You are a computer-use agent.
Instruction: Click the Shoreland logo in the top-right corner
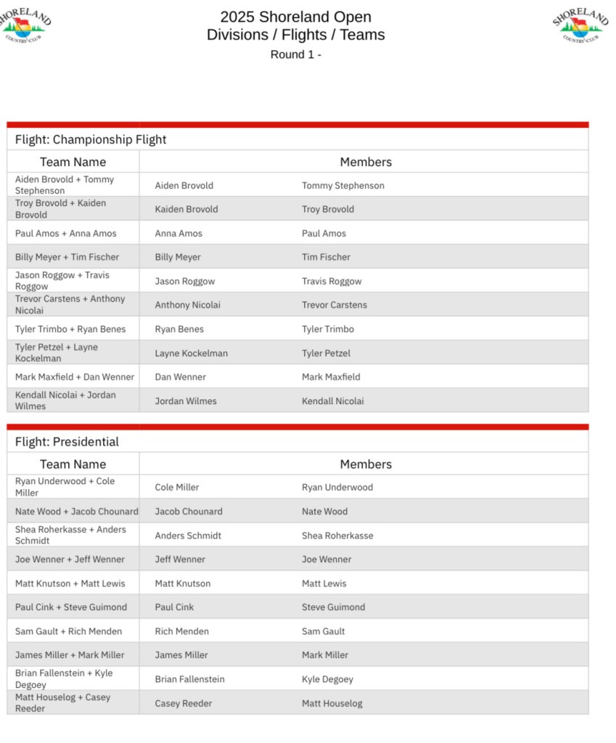click(x=580, y=25)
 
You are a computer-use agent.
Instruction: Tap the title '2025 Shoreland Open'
click(x=295, y=17)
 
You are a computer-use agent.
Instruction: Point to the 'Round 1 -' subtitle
click(x=295, y=54)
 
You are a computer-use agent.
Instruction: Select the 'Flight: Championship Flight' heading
click(x=91, y=139)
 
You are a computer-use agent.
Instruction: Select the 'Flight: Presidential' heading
click(x=67, y=441)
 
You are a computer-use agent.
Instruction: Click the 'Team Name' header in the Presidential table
click(x=73, y=464)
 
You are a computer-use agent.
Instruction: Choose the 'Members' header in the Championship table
click(x=366, y=162)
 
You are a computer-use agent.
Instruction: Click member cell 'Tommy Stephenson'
click(x=343, y=185)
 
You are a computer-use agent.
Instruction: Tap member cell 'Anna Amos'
click(x=178, y=233)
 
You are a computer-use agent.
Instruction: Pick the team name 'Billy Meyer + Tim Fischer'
click(x=67, y=257)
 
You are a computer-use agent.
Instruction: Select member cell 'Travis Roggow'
click(x=332, y=281)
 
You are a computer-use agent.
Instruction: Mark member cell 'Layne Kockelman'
click(x=191, y=353)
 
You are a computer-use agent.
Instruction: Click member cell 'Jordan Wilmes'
click(x=186, y=401)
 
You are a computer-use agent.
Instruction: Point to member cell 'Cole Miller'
click(x=176, y=487)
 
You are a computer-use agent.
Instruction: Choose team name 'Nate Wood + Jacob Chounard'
click(x=76, y=511)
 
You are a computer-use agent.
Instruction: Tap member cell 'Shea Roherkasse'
click(x=337, y=535)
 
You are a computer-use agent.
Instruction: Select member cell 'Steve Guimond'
click(x=333, y=607)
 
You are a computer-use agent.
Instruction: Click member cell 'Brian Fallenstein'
click(x=189, y=679)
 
